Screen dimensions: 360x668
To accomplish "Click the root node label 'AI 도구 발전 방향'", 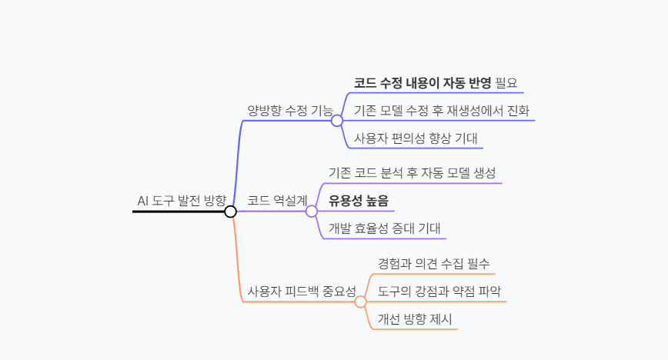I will tap(182, 201).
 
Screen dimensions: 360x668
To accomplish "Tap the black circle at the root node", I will tap(230, 212).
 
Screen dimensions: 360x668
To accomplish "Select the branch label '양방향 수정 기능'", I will tap(289, 110).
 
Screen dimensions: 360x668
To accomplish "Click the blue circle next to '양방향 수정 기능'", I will tap(337, 120).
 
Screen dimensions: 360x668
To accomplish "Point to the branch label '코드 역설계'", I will tap(277, 201).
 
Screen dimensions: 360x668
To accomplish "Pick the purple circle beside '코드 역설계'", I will tap(312, 211).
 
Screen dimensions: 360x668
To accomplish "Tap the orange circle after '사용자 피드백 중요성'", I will tap(361, 302).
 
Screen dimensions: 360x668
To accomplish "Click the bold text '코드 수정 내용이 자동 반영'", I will tap(423, 82).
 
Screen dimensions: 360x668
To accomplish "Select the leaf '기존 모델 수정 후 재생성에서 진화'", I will tap(442, 110).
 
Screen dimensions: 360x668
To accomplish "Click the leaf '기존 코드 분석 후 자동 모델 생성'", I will tap(412, 172).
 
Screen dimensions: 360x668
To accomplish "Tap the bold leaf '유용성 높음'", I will tap(359, 201).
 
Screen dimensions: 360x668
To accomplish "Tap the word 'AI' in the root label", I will tap(142, 201).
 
